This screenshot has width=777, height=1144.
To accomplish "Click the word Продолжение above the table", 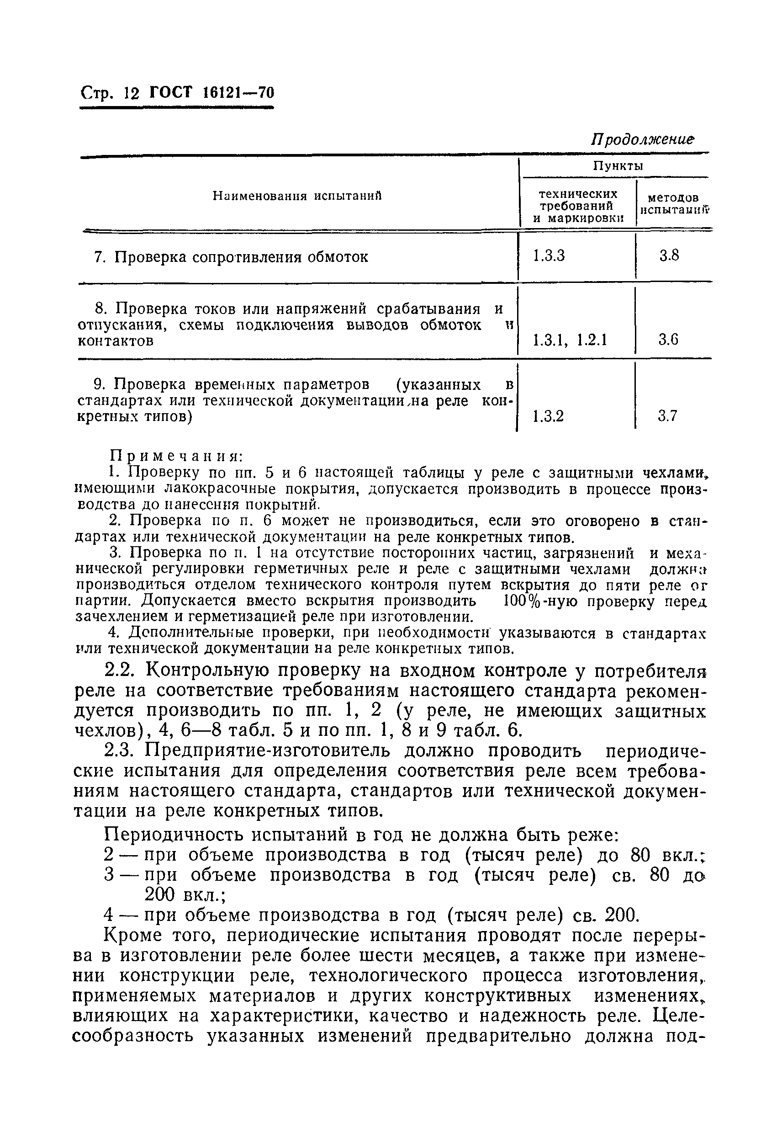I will [x=642, y=140].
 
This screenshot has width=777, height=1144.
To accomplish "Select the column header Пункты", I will [x=618, y=166].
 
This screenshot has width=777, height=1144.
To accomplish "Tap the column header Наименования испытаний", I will [x=297, y=196].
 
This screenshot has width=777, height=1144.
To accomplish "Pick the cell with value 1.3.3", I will [x=549, y=256].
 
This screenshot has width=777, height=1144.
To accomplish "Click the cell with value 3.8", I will [x=669, y=255].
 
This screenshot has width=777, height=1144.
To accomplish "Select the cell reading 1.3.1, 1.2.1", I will [x=570, y=340].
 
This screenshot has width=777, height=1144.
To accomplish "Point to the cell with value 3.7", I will [x=668, y=416].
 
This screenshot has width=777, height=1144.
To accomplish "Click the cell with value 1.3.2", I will [x=548, y=416].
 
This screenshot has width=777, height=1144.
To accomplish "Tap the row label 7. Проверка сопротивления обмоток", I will [x=231, y=257].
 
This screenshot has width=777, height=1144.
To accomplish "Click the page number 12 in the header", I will [x=133, y=93].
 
